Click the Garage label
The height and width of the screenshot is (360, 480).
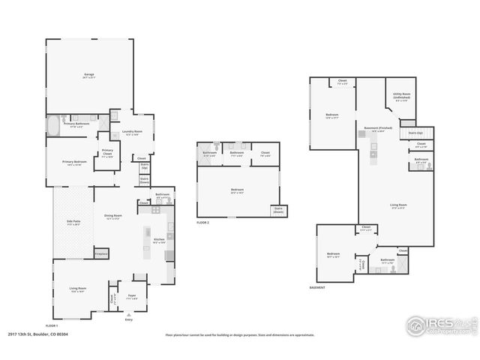[88, 74]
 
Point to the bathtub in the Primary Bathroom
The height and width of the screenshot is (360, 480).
[55, 124]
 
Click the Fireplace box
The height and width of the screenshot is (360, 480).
[101, 254]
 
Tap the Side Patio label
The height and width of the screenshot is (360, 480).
[73, 223]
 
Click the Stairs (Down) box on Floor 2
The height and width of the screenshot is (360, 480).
[278, 209]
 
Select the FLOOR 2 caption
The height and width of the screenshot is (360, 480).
[203, 223]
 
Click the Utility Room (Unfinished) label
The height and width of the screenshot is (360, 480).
[400, 96]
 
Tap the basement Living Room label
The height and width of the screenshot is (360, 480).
[398, 205]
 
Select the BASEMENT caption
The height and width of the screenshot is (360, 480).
[318, 288]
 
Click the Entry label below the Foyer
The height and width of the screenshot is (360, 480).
[129, 319]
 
